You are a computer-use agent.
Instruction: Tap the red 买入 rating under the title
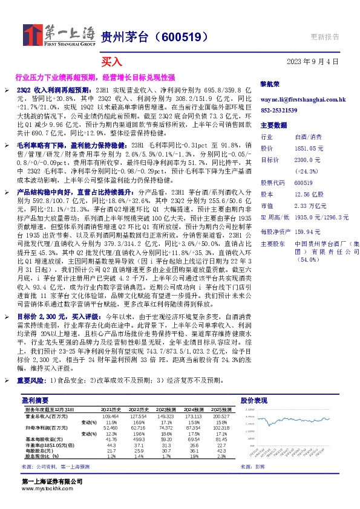point(111,61)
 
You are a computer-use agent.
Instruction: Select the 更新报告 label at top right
point(325,36)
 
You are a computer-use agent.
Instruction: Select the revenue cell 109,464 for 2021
point(110,417)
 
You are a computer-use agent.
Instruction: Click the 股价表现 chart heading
point(254,400)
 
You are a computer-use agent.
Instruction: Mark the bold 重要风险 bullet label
point(33,380)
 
